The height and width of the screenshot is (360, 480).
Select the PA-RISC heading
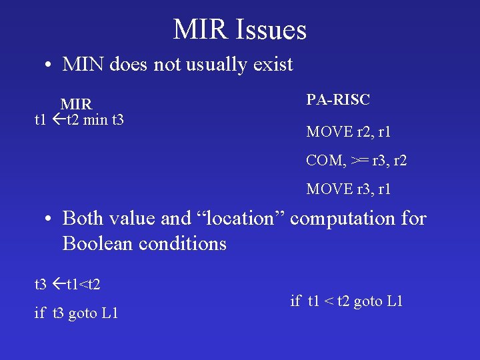point(337,100)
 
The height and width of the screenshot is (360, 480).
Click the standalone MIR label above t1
point(76,105)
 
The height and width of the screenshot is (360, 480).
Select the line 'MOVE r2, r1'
point(348,132)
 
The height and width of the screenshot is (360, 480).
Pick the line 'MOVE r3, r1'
point(348,189)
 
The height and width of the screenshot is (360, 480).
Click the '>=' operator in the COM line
point(359,161)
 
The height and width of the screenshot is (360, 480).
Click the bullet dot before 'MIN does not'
point(49,65)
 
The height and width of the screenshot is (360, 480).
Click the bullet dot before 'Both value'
point(49,219)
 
